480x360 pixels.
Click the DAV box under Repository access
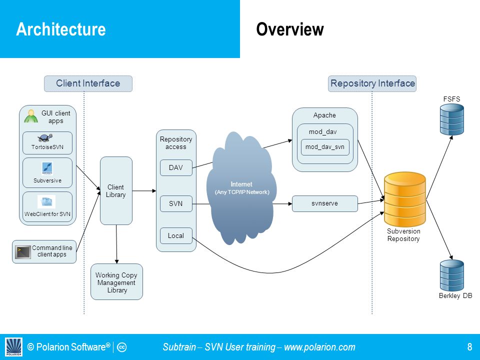point(176,167)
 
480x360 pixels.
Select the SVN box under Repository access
point(176,203)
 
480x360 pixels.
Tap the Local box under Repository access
point(176,235)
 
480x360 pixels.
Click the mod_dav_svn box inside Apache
point(325,147)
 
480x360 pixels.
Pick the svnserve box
point(325,203)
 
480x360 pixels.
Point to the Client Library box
point(116,190)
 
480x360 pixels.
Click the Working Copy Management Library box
point(116,281)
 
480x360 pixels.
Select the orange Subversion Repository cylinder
point(404,199)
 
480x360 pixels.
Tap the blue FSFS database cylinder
point(452,119)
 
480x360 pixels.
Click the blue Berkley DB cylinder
point(452,275)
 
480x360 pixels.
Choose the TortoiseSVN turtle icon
point(45,138)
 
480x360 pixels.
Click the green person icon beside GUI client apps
point(31,116)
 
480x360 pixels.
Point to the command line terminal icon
point(23,252)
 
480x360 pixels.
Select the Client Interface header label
point(88,83)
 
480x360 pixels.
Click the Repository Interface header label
point(372,83)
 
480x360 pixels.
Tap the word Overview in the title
point(290,29)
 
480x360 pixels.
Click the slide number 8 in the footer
point(469,347)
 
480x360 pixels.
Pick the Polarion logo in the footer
point(14,347)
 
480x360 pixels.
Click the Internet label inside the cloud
point(241,184)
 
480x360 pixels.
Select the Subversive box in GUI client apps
point(47,172)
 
